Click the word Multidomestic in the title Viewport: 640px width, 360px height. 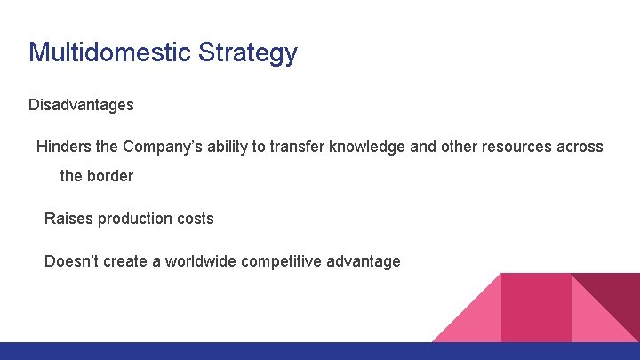click(109, 52)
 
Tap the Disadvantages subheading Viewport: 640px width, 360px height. click(81, 105)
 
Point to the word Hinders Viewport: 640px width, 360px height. click(63, 147)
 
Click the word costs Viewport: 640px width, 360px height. click(195, 218)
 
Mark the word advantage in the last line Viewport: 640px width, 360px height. click(363, 262)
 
